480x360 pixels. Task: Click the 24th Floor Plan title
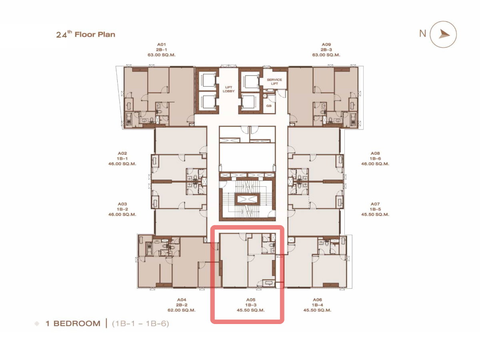(86, 34)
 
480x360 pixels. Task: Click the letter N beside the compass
(423, 34)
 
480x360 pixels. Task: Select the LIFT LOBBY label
(228, 89)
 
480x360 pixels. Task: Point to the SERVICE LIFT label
(274, 82)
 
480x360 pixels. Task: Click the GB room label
(269, 106)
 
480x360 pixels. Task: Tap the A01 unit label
(161, 44)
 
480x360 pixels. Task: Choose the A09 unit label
(326, 44)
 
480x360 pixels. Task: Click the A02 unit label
(122, 154)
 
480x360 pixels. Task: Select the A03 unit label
(122, 204)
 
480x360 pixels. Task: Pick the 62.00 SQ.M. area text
(182, 310)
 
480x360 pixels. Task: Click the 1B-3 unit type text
(251, 305)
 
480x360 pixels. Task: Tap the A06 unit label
(317, 300)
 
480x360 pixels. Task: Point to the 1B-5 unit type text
(375, 209)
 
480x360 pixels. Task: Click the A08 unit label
(375, 154)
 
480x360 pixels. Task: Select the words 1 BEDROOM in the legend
(73, 324)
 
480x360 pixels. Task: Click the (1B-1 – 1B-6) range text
(140, 324)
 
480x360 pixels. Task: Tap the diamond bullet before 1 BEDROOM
(37, 324)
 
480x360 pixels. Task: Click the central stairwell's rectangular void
(247, 199)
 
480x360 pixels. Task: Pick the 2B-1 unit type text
(161, 50)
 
